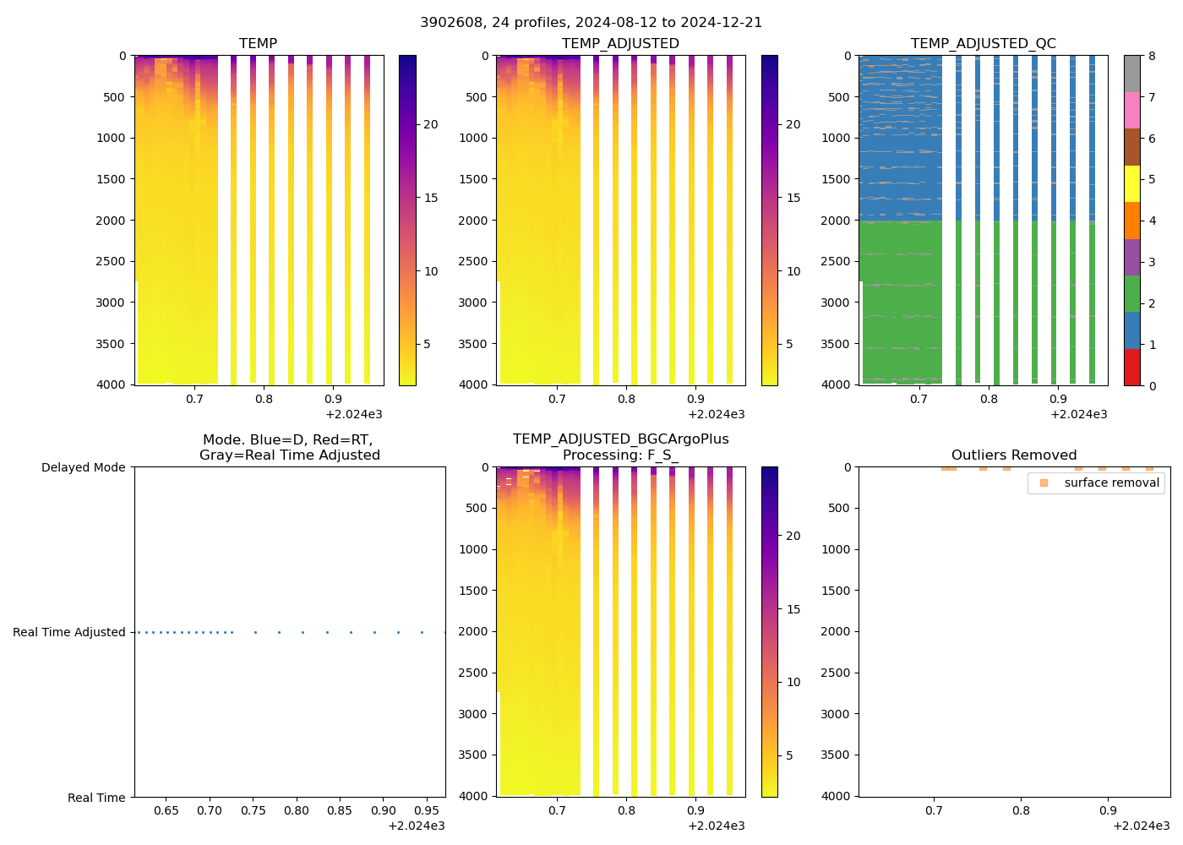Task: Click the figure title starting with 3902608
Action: (x=591, y=23)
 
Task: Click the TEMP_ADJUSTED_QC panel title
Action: (x=983, y=43)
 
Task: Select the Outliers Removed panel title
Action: (x=1013, y=455)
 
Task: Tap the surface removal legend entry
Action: (x=1111, y=482)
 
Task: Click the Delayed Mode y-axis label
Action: (x=83, y=467)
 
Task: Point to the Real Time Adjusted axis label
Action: (x=68, y=632)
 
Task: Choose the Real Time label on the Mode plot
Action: (x=96, y=798)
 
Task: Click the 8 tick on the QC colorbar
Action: (x=1152, y=56)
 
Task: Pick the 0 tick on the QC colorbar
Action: (x=1152, y=385)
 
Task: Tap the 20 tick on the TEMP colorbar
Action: (x=430, y=124)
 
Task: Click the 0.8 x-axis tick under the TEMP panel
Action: (x=264, y=399)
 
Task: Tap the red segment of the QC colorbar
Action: (x=1131, y=367)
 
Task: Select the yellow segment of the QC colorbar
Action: (x=1131, y=183)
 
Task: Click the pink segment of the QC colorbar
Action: (x=1131, y=110)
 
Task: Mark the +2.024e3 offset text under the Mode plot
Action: (x=416, y=826)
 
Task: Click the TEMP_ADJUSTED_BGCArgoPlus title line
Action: (x=620, y=439)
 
